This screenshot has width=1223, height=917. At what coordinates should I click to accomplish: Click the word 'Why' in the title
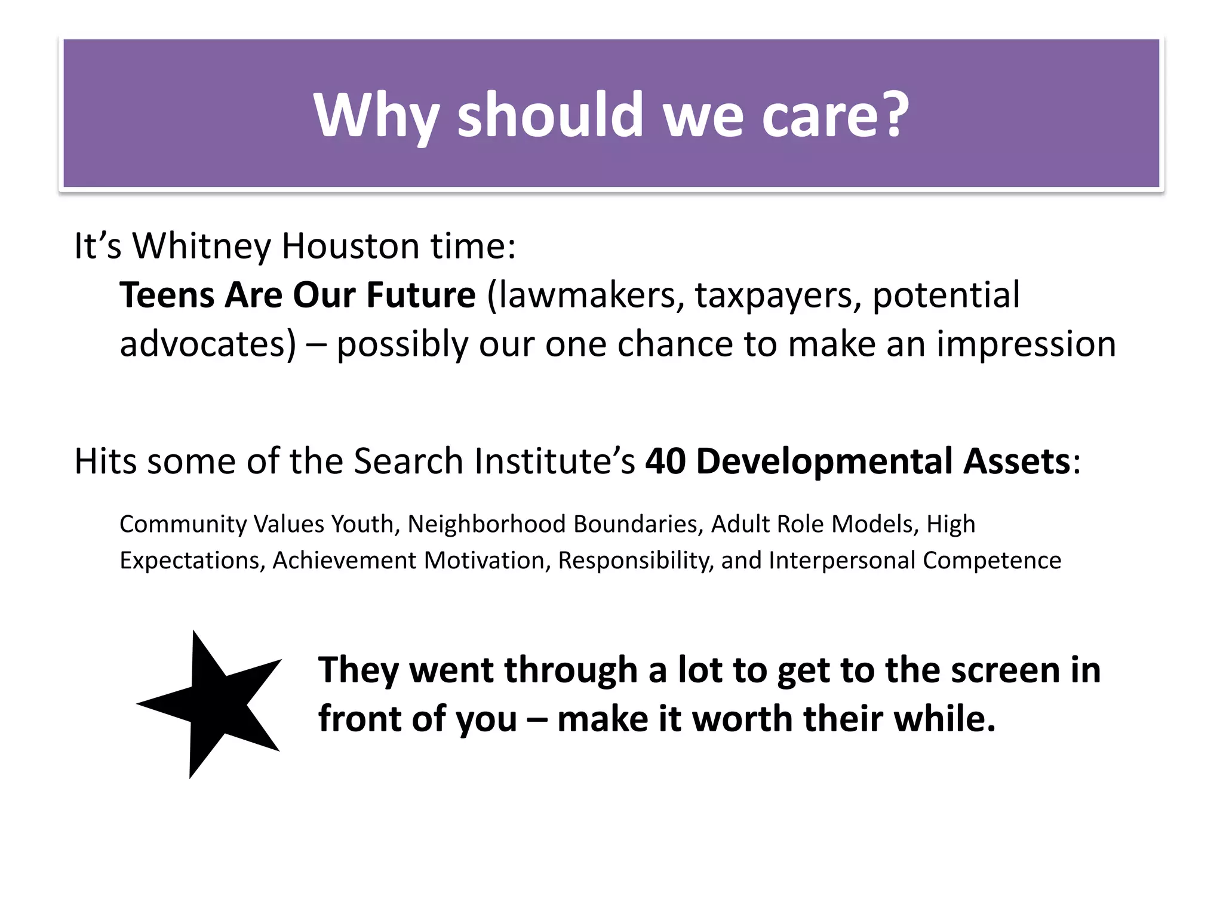pyautogui.click(x=377, y=116)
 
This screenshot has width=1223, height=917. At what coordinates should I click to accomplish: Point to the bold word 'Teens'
pyautogui.click(x=167, y=295)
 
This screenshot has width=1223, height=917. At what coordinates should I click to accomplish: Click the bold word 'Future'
pyautogui.click(x=420, y=295)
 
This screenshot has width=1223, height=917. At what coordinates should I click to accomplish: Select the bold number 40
pyautogui.click(x=665, y=461)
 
